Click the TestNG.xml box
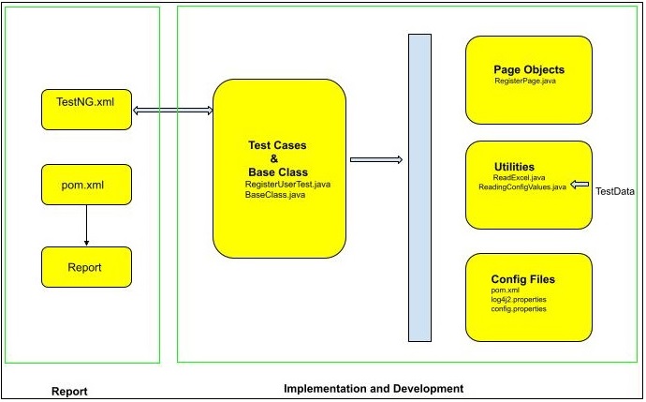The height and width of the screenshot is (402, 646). (86, 109)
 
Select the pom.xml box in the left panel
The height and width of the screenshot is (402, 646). (86, 185)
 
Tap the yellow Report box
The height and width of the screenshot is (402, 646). (86, 267)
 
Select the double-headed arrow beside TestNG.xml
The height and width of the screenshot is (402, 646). (172, 111)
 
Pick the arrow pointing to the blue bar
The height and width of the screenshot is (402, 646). (375, 159)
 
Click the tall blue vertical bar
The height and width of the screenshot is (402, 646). (419, 187)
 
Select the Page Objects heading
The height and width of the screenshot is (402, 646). (529, 69)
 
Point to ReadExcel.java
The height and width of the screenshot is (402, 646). (519, 177)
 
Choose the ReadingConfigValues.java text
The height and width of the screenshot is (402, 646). (521, 187)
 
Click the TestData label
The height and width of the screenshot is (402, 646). (615, 191)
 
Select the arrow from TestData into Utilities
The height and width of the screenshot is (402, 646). (580, 185)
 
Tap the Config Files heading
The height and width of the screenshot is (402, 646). (522, 279)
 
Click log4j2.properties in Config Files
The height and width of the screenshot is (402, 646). (519, 300)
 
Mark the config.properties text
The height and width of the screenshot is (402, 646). (519, 309)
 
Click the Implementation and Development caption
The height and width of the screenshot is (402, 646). (373, 388)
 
